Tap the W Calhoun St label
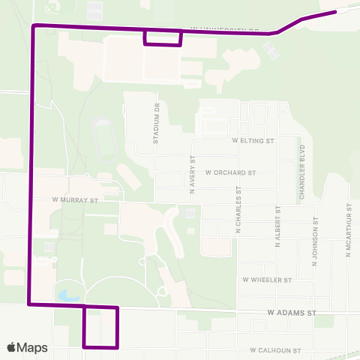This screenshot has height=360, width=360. tap(275, 350)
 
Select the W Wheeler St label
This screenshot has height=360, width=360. tap(266, 280)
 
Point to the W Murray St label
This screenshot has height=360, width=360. tap(76, 200)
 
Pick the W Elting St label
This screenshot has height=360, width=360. tap(254, 140)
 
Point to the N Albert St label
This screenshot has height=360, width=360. tap(277, 226)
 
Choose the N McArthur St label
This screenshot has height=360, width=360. tap(349, 230)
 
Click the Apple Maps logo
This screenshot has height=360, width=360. tap(27, 347)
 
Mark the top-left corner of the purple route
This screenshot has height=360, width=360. tap(34, 25)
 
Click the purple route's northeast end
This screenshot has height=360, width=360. tap(334, 12)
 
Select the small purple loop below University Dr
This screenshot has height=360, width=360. tap(163, 37)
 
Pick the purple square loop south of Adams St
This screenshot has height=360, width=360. tap(101, 327)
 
